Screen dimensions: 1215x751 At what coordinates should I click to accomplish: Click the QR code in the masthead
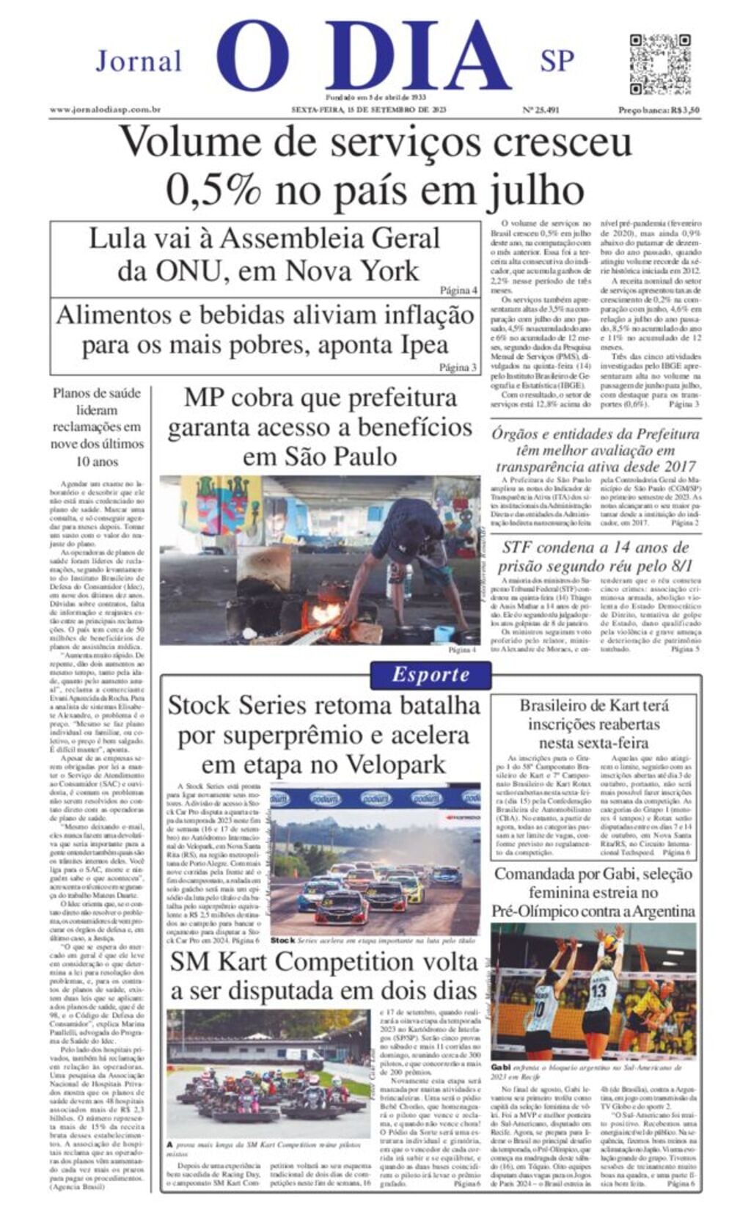[659, 63]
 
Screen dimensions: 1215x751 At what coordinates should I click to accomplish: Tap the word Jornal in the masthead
[139, 61]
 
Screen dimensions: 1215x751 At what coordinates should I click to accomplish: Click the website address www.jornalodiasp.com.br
[106, 110]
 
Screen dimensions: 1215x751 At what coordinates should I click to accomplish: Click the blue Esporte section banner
[431, 674]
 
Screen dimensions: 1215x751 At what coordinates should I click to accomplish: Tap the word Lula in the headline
[117, 238]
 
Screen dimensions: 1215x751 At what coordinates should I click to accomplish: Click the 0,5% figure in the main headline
[213, 191]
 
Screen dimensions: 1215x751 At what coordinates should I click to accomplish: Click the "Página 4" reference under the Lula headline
[458, 291]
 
